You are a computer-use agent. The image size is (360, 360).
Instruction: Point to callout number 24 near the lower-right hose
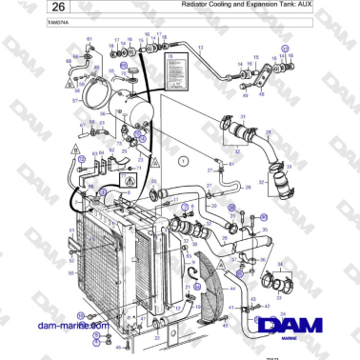[283, 312]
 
